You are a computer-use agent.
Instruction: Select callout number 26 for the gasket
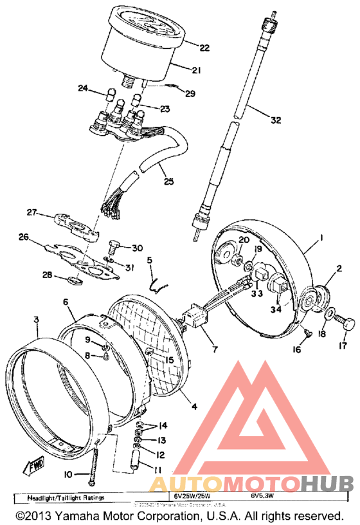pyautogui.click(x=24, y=237)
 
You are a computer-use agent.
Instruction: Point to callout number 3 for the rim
pyautogui.click(x=37, y=320)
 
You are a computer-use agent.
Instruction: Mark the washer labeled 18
pyautogui.click(x=328, y=315)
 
